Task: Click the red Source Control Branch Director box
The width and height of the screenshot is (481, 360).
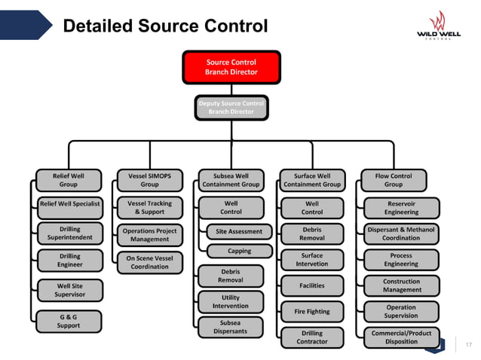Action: (x=231, y=67)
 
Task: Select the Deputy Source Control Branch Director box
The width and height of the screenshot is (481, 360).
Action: (x=231, y=107)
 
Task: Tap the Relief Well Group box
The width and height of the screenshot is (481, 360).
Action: (x=69, y=180)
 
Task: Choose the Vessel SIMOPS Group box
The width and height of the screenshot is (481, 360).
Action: (x=149, y=180)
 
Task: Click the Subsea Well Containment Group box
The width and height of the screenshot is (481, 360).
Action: (x=231, y=180)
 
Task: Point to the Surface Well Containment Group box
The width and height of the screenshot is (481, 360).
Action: (x=311, y=180)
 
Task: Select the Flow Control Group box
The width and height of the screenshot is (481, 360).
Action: (x=393, y=180)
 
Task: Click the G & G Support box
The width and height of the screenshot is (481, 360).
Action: (x=69, y=322)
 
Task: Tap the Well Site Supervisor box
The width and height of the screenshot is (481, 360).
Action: (x=69, y=290)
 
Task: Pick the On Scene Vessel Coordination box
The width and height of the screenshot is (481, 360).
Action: (x=149, y=262)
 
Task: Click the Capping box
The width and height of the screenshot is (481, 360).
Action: (x=239, y=251)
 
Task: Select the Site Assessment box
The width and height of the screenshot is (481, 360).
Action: (x=239, y=231)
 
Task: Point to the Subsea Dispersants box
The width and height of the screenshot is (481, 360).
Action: (x=231, y=327)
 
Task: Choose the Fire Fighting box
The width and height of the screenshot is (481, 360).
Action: (x=311, y=311)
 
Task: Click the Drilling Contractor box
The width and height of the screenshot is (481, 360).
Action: (x=311, y=337)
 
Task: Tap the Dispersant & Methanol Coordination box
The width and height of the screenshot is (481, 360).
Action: (x=401, y=233)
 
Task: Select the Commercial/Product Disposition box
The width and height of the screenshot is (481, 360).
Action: (x=401, y=337)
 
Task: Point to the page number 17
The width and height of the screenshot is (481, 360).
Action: (x=468, y=345)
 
